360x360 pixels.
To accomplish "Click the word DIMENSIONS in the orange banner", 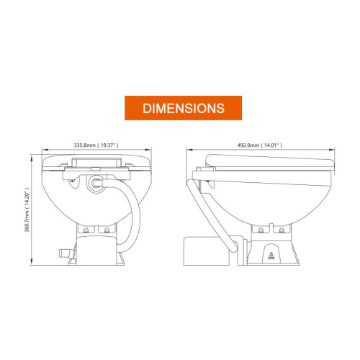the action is (184, 108).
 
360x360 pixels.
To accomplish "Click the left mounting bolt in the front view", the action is (86, 230).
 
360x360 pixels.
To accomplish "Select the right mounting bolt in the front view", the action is (107, 230).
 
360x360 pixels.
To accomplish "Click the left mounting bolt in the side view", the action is (261, 230).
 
